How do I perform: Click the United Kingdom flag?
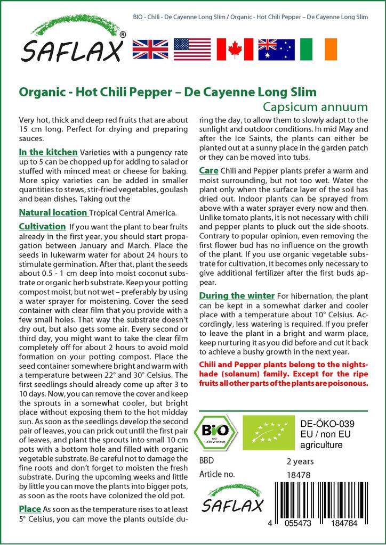tap(150, 49)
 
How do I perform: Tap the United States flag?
tap(192, 49)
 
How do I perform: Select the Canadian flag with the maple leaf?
tap(234, 49)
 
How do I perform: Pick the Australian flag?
tap(276, 49)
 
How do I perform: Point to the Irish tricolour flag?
tap(318, 49)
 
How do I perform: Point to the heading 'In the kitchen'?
tap(48, 152)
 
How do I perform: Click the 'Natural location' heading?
tap(53, 212)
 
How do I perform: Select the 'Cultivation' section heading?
tap(42, 226)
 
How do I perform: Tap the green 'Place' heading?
tap(30, 509)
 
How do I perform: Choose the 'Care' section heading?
tap(208, 170)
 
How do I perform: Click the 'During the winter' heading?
tap(237, 295)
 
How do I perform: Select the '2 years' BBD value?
tap(300, 461)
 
